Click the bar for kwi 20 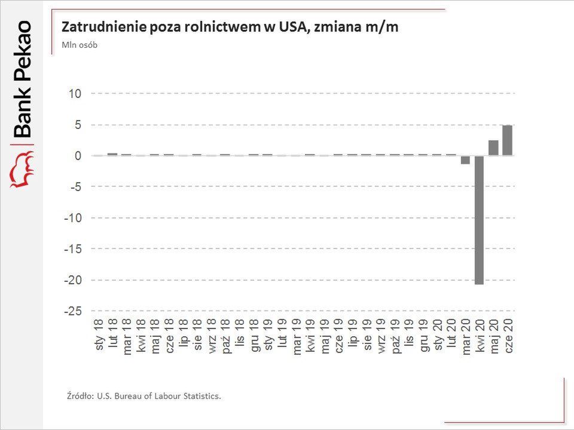tap(480, 220)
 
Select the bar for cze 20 tap(508, 140)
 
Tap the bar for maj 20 tap(493, 148)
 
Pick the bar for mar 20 tap(465, 159)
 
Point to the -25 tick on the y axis tap(74, 311)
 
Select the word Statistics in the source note tap(201, 396)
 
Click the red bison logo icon tap(22, 170)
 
